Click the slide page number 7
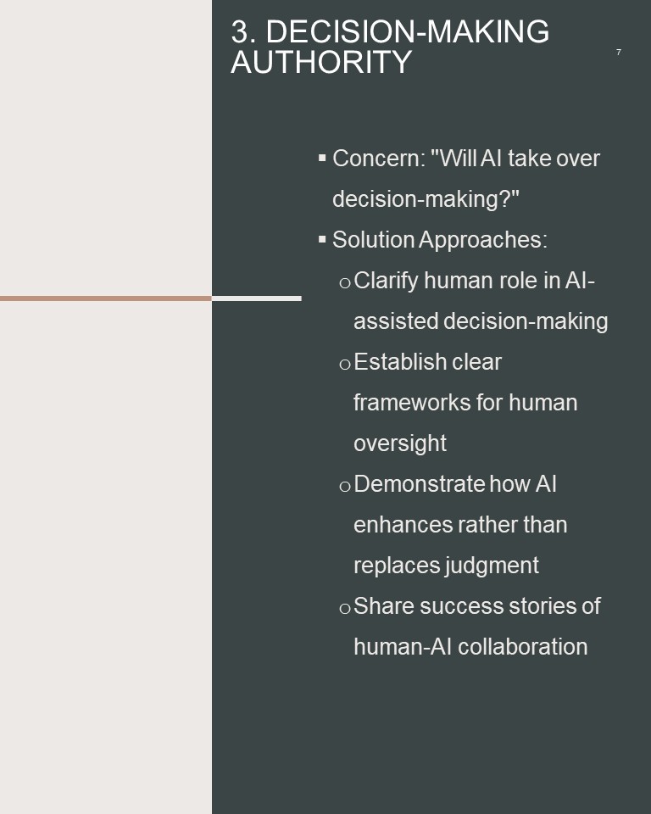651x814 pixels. click(x=618, y=52)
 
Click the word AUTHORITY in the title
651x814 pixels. click(x=321, y=62)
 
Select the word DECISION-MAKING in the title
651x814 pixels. click(x=408, y=31)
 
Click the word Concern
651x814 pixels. click(x=378, y=159)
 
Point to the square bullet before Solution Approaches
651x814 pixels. click(x=322, y=239)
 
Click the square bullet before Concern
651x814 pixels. click(x=322, y=158)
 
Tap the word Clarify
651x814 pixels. click(x=386, y=282)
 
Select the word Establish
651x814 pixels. click(x=395, y=362)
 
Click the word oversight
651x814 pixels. click(x=400, y=443)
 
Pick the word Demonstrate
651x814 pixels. click(x=420, y=484)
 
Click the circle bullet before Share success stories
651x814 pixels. click(x=345, y=609)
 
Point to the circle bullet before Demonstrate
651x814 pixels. click(x=345, y=487)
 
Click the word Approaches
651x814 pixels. click(x=483, y=240)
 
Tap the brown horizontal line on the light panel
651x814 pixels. click(x=106, y=298)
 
